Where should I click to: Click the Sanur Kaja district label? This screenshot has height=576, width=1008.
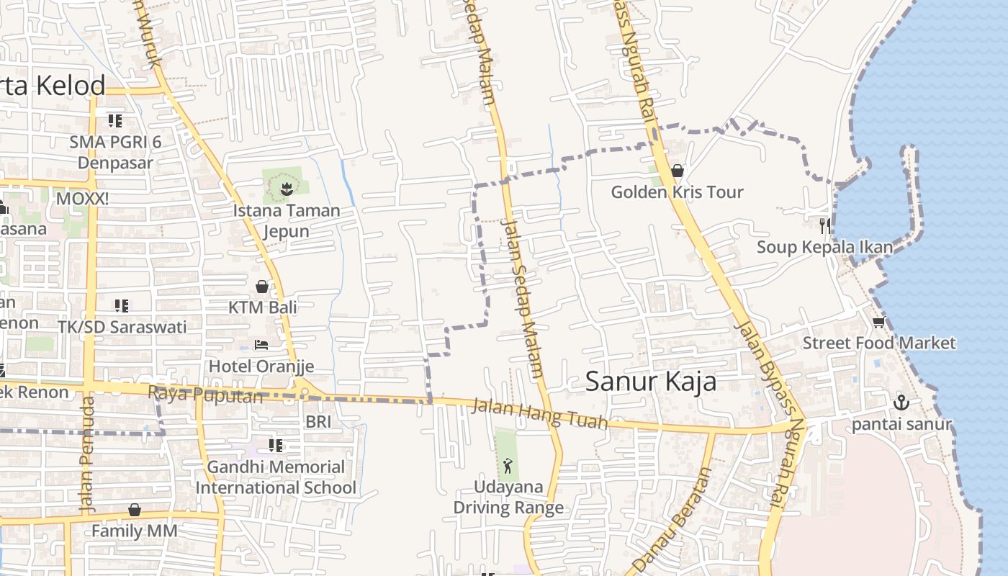(650, 382)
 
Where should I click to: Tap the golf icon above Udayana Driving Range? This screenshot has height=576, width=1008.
(508, 466)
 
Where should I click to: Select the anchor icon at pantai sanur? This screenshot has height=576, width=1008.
(901, 402)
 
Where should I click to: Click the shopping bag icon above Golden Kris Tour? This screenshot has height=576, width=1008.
(677, 171)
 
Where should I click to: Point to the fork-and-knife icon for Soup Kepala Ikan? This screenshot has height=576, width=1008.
(824, 225)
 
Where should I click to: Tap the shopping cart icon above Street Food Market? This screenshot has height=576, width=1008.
(878, 322)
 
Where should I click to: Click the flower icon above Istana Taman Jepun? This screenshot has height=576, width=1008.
(286, 189)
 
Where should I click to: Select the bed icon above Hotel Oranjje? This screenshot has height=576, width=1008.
(261, 345)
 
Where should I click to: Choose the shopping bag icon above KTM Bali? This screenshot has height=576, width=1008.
(262, 287)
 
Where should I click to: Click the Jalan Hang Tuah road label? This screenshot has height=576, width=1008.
(539, 415)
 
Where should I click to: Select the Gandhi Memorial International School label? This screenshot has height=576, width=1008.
(276, 477)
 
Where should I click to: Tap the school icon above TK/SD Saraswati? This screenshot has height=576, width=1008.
(122, 306)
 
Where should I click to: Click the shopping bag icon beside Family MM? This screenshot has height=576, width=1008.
(135, 510)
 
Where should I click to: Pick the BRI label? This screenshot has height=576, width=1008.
(318, 421)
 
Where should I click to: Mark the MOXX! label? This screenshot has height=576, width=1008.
(82, 198)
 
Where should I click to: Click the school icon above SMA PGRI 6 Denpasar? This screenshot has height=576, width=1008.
(114, 120)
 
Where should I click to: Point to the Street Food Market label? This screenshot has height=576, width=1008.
(879, 343)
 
